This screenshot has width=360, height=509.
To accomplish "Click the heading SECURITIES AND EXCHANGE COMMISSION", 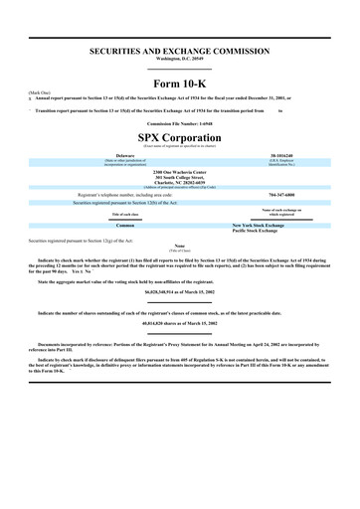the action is [179, 49].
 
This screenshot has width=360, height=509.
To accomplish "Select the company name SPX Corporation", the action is [179, 134].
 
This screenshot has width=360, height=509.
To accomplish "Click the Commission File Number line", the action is [179, 122].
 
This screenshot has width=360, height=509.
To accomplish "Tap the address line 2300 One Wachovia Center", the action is [179, 169].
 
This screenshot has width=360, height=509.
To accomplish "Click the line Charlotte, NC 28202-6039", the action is [179, 182].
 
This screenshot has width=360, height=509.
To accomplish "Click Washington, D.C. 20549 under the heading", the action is [179, 58].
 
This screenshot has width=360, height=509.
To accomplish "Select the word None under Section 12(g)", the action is [179, 245].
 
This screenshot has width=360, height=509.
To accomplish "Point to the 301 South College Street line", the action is [179, 177].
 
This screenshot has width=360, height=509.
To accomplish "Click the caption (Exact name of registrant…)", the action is [179, 144].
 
